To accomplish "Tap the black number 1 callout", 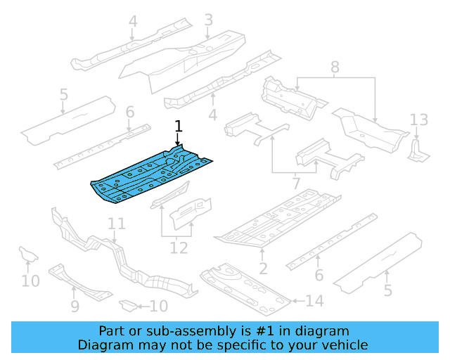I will click(179, 127).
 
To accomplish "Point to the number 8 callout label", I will click(335, 67).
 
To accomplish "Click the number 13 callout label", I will click(419, 119).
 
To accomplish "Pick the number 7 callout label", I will click(296, 184).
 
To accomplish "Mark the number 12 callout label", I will click(179, 247).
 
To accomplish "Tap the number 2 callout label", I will click(263, 269).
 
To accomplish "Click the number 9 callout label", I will click(75, 306).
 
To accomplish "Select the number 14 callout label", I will click(315, 302).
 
